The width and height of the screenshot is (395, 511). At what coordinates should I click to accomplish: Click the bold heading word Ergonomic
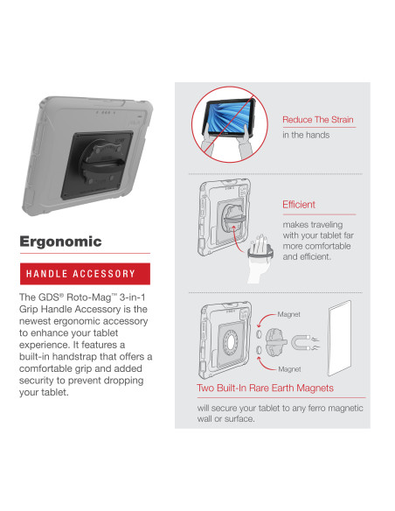60,241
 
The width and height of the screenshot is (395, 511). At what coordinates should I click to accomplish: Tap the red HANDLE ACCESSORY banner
85,274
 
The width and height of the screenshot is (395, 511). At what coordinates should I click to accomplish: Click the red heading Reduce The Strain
317,120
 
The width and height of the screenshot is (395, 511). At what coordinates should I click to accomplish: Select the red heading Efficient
299,205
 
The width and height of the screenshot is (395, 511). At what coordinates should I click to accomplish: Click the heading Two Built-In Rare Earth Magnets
265,388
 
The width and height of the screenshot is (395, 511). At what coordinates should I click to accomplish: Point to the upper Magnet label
289,314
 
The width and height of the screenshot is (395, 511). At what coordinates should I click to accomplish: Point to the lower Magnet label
289,369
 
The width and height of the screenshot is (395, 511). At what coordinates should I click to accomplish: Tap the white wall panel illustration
339,338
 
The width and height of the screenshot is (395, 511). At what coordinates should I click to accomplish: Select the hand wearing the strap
259,257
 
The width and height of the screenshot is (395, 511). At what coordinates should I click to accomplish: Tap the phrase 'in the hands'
306,135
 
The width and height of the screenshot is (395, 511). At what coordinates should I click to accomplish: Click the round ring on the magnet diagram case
231,342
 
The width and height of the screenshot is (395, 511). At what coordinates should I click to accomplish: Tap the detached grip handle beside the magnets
275,342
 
